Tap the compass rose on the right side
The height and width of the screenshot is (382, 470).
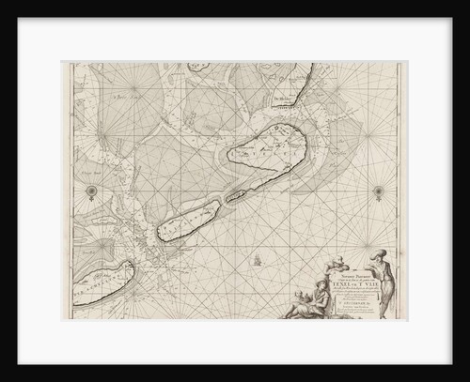tap(379, 193)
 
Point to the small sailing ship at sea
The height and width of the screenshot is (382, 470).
tap(255, 254)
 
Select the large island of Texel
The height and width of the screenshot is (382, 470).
tap(269, 153)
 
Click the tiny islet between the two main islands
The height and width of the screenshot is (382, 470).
tap(234, 194)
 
